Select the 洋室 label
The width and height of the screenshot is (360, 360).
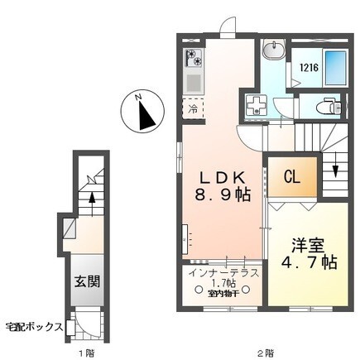(x=305, y=246)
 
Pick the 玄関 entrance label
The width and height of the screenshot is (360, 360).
(x=89, y=281)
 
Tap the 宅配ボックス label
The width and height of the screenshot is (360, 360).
(x=35, y=326)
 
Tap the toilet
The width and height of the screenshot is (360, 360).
(x=330, y=107)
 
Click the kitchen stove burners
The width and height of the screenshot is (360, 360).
(x=194, y=58)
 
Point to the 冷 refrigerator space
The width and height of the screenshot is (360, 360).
(x=193, y=108)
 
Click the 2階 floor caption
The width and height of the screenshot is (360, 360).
(x=263, y=351)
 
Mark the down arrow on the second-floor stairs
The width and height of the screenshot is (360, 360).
(x=337, y=170)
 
